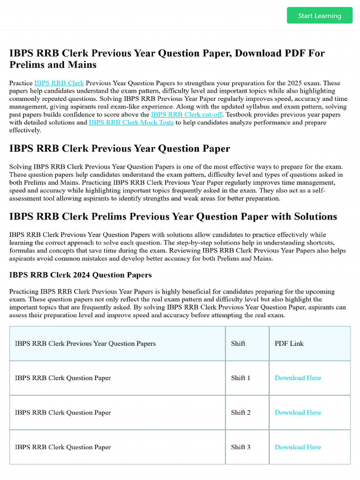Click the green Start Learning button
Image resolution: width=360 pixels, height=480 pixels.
tap(320, 15)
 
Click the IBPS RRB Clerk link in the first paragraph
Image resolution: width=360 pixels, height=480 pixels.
tap(59, 83)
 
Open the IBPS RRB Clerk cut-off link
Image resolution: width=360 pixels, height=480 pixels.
tap(186, 114)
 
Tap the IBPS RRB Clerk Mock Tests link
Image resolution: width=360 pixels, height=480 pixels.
tap(131, 122)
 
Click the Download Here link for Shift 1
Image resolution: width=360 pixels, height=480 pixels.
tap(298, 378)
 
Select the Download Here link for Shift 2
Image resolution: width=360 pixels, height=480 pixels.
tap(298, 412)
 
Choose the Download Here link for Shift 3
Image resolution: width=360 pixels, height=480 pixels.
tap(298, 447)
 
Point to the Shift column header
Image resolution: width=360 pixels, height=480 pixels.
tap(238, 344)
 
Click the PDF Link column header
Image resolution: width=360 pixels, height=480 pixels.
tap(289, 344)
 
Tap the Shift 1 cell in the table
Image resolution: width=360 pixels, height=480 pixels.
tap(241, 378)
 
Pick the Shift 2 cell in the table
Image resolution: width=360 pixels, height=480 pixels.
tap(241, 412)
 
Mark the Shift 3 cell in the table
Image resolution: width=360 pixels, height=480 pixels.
tap(241, 447)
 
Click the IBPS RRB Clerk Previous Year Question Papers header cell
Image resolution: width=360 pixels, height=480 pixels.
tap(85, 344)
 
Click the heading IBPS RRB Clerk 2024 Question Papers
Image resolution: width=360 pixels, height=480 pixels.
tap(81, 275)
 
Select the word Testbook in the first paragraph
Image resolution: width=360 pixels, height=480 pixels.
tap(240, 114)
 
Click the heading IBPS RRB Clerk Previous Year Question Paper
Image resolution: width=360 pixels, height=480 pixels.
tap(120, 149)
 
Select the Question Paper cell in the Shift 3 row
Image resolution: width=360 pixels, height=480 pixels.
tap(63, 447)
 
